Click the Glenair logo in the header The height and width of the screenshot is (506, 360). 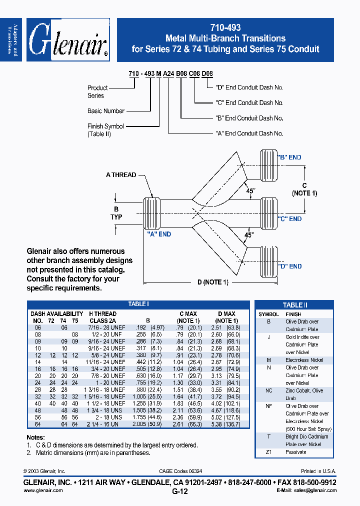coord(68,40)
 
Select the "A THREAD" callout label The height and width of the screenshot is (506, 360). coord(121,175)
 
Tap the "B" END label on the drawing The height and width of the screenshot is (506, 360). coord(289,157)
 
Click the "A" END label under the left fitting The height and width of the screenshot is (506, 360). coord(159,234)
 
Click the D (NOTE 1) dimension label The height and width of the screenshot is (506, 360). coord(212,282)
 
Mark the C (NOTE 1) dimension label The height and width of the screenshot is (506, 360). coord(304,189)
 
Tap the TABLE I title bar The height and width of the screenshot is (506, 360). coord(138,304)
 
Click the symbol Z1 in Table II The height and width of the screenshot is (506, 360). coord(268,452)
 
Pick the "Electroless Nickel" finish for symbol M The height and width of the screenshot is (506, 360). coord(304,360)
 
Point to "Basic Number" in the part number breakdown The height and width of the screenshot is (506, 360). coord(106,111)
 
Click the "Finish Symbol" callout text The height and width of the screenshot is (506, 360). coord(105,126)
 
